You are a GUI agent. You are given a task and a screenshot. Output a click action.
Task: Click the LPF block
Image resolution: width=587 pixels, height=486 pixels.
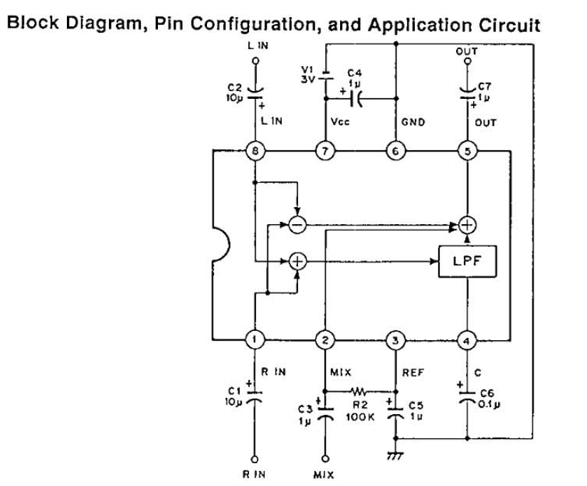(467, 261)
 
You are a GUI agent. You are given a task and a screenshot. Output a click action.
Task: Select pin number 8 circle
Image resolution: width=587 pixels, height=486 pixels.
(255, 152)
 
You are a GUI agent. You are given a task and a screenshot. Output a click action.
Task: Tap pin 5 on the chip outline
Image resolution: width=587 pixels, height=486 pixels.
(467, 152)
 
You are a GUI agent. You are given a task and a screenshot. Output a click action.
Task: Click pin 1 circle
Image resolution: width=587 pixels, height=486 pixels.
(255, 340)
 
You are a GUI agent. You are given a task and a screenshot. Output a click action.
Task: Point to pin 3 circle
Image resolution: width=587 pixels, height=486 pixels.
(396, 340)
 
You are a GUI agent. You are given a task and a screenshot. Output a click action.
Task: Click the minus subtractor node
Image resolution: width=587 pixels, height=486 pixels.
(297, 225)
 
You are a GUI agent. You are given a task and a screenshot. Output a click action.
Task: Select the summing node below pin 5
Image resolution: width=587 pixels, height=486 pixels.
(467, 225)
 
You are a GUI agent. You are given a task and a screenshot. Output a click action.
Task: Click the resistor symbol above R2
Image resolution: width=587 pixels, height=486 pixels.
(359, 391)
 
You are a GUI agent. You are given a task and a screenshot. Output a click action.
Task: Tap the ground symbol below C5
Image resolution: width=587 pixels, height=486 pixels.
(396, 455)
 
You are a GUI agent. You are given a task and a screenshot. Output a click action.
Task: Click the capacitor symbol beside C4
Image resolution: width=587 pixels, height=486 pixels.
(356, 98)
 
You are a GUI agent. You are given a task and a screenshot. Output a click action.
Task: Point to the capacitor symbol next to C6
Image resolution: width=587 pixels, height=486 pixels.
(467, 397)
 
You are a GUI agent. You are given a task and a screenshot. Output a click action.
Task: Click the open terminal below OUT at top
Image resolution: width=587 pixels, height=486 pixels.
(467, 61)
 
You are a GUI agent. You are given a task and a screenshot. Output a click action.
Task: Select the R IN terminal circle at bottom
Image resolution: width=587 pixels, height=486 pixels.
(255, 459)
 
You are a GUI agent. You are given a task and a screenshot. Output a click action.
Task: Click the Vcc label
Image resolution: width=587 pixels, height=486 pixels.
(340, 122)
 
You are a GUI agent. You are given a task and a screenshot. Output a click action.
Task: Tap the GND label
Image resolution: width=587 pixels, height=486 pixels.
(413, 122)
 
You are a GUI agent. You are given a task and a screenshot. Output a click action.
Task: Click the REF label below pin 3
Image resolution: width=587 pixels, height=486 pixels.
(413, 373)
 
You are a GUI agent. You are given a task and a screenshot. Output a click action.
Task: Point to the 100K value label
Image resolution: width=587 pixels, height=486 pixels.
(360, 417)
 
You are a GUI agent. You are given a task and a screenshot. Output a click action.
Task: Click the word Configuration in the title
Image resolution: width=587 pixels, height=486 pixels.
(258, 24)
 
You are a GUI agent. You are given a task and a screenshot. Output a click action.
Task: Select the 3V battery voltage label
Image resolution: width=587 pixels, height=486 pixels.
(308, 79)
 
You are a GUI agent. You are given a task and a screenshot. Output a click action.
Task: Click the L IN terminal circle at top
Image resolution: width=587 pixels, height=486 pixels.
(255, 60)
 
